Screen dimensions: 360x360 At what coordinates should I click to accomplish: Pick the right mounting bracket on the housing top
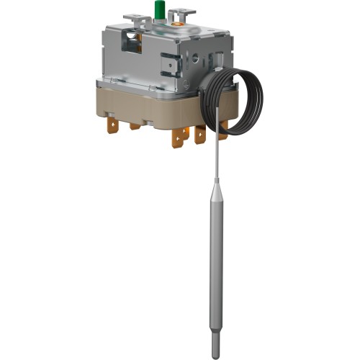pos(186,12)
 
